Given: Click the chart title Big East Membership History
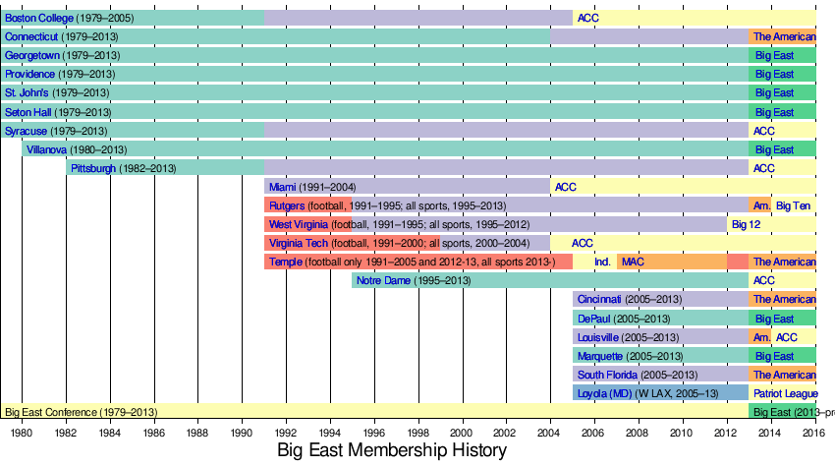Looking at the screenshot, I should [x=391, y=450].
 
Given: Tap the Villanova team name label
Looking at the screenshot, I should [x=47, y=149].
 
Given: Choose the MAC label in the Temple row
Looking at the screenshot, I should [x=633, y=262].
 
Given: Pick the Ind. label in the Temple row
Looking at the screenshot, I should [x=602, y=262].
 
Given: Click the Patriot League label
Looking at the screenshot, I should [x=786, y=392].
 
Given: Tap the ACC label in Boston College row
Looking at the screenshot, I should [x=587, y=18].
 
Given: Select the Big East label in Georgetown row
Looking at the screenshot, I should [x=774, y=56].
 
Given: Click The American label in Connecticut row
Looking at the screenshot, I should [x=784, y=36].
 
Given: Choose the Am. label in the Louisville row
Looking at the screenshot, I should [x=761, y=336].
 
